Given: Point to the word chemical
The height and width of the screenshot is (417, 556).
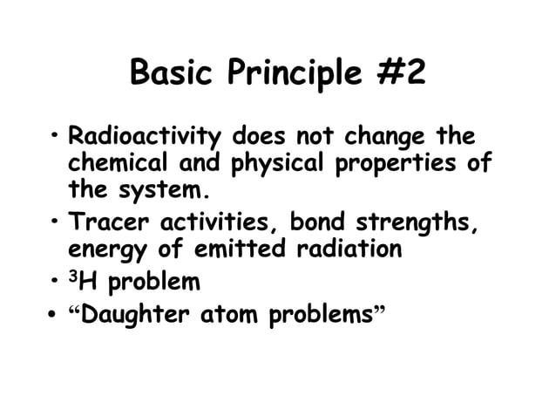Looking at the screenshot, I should pyautogui.click(x=110, y=163).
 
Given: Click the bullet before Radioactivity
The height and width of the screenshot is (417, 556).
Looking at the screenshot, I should pyautogui.click(x=53, y=136).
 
